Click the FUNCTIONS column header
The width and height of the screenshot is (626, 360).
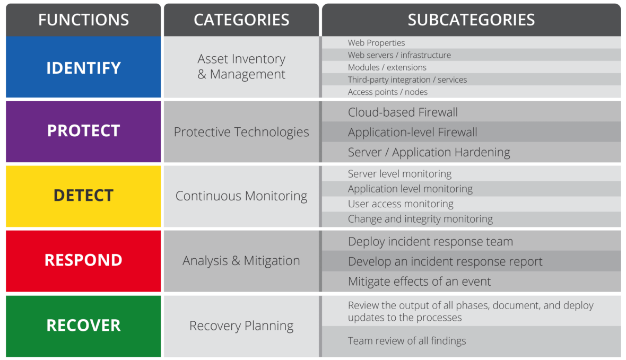click(83, 20)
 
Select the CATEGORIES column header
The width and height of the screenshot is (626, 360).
click(241, 20)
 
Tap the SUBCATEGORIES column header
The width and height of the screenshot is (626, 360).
click(471, 20)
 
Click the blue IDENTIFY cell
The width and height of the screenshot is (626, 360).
click(83, 67)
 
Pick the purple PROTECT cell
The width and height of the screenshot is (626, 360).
click(83, 131)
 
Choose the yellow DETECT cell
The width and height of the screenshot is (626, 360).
click(83, 196)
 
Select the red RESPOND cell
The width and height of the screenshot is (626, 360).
click(83, 261)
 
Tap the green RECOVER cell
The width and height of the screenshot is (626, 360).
click(83, 326)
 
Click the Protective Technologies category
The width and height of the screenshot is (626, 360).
click(241, 131)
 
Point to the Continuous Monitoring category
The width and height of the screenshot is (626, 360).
click(241, 196)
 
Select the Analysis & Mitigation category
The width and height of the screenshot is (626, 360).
click(241, 261)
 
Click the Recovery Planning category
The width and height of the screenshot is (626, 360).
click(241, 326)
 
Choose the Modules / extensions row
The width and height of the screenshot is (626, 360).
click(471, 67)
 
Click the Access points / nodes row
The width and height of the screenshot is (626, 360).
click(471, 91)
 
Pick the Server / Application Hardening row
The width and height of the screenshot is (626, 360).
click(471, 152)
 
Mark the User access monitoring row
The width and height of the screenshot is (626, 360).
click(471, 204)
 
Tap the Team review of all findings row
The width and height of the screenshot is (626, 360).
click(471, 341)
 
